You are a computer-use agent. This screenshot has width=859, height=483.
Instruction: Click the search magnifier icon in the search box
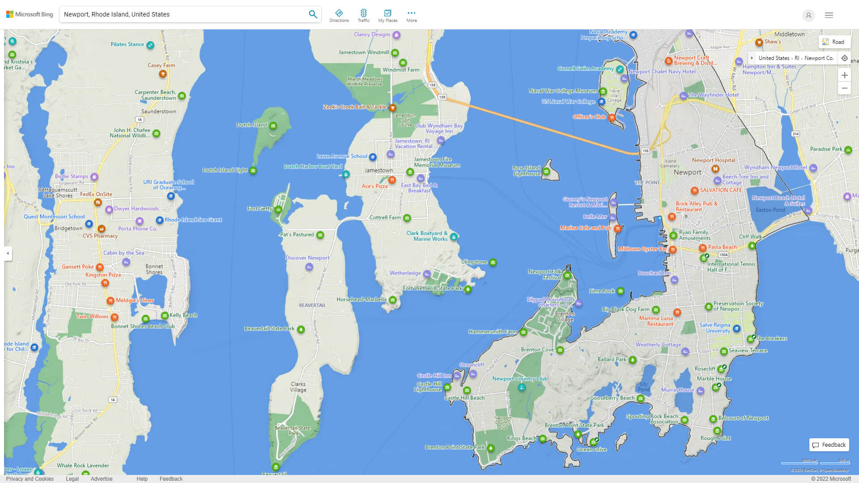313,14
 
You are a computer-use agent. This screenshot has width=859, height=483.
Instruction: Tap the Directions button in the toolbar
339,16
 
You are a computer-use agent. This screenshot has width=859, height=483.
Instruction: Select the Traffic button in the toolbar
363,16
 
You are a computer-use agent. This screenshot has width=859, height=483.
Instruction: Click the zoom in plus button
844,75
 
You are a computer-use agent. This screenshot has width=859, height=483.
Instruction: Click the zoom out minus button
844,88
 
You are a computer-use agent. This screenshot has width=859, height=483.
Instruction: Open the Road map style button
833,42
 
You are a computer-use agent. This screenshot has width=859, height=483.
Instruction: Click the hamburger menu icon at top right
829,15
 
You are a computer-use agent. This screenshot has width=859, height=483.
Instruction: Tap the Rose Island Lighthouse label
527,171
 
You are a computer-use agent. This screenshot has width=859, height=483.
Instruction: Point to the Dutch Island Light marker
253,170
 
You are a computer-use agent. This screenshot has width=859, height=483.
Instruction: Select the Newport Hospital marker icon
715,169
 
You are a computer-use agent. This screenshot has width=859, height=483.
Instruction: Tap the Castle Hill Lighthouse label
428,387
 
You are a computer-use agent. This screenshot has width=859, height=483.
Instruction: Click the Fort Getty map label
259,208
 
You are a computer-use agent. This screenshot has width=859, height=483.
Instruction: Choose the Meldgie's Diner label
135,301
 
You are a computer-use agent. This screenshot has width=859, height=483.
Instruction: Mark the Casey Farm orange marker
163,74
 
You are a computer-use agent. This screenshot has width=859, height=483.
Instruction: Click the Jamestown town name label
378,170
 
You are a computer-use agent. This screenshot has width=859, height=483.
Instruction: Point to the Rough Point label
715,438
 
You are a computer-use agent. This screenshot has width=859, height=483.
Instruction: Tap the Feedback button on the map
829,445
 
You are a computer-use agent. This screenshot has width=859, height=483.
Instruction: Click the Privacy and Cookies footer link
30,479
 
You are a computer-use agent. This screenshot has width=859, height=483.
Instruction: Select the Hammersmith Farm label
493,332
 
